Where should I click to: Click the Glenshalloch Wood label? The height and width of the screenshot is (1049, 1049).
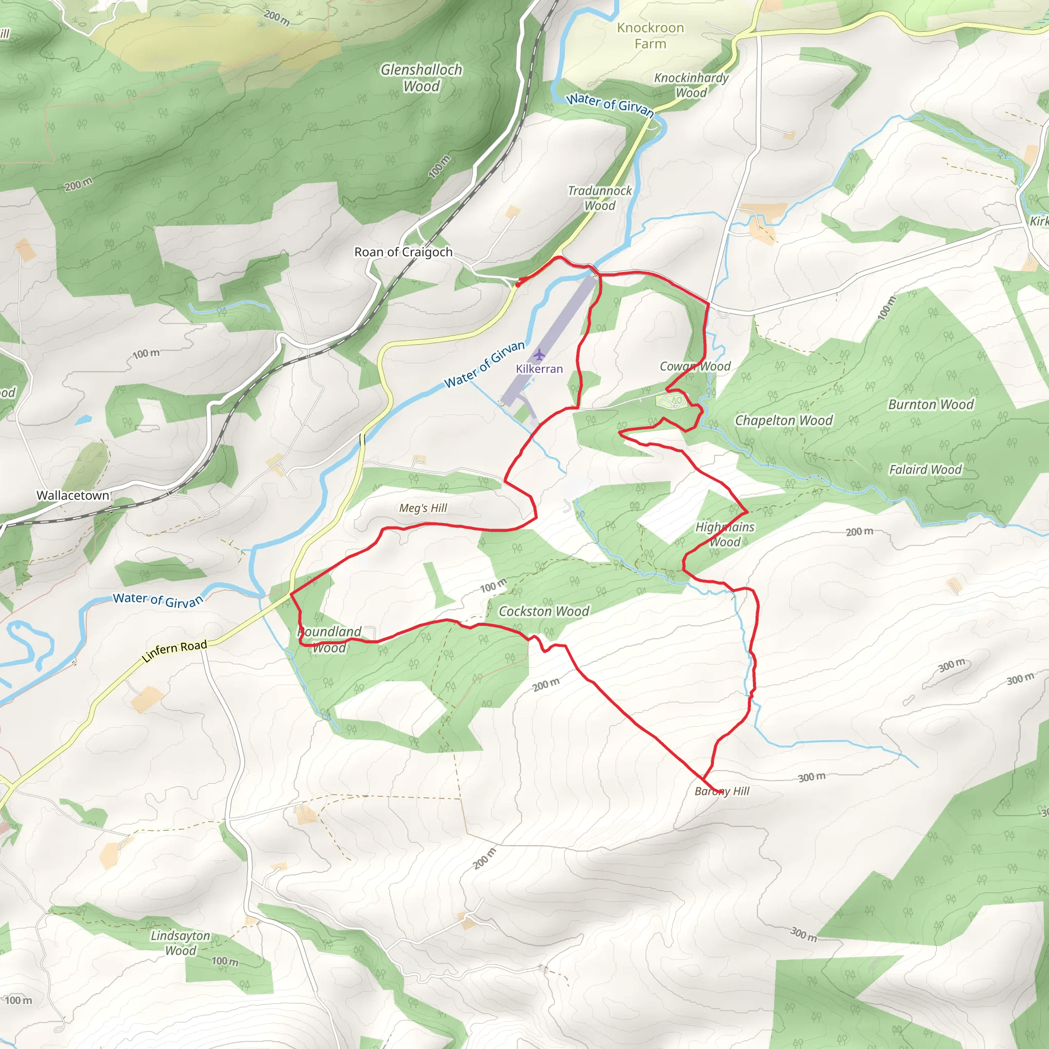click(x=422, y=78)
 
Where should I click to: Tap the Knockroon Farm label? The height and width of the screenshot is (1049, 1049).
click(x=651, y=36)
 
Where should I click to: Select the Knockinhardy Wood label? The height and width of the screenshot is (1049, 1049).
click(x=691, y=85)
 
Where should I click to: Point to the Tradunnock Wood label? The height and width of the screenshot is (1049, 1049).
click(x=600, y=198)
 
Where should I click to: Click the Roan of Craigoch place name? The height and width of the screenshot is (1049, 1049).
click(x=404, y=252)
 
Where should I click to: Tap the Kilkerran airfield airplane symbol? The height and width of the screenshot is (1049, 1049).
click(x=538, y=355)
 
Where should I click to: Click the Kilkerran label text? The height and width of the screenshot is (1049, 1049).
click(x=539, y=369)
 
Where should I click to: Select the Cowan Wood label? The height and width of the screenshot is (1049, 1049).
click(x=695, y=367)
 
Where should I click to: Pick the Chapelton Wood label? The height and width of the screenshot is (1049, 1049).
click(x=784, y=421)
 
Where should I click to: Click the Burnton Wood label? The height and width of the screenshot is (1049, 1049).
click(x=931, y=405)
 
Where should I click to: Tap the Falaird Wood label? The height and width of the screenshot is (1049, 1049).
click(x=925, y=470)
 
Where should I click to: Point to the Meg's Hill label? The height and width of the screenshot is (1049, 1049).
click(x=423, y=508)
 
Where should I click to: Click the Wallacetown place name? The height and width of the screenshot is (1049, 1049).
click(x=73, y=495)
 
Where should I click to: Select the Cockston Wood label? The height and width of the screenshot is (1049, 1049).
click(x=543, y=612)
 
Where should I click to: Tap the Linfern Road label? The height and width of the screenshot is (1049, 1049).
click(x=174, y=651)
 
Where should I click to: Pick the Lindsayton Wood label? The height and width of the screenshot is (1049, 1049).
click(x=180, y=943)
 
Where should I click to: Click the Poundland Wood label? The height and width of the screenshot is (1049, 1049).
click(x=329, y=640)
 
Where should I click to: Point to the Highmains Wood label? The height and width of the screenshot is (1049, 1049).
click(x=725, y=534)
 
